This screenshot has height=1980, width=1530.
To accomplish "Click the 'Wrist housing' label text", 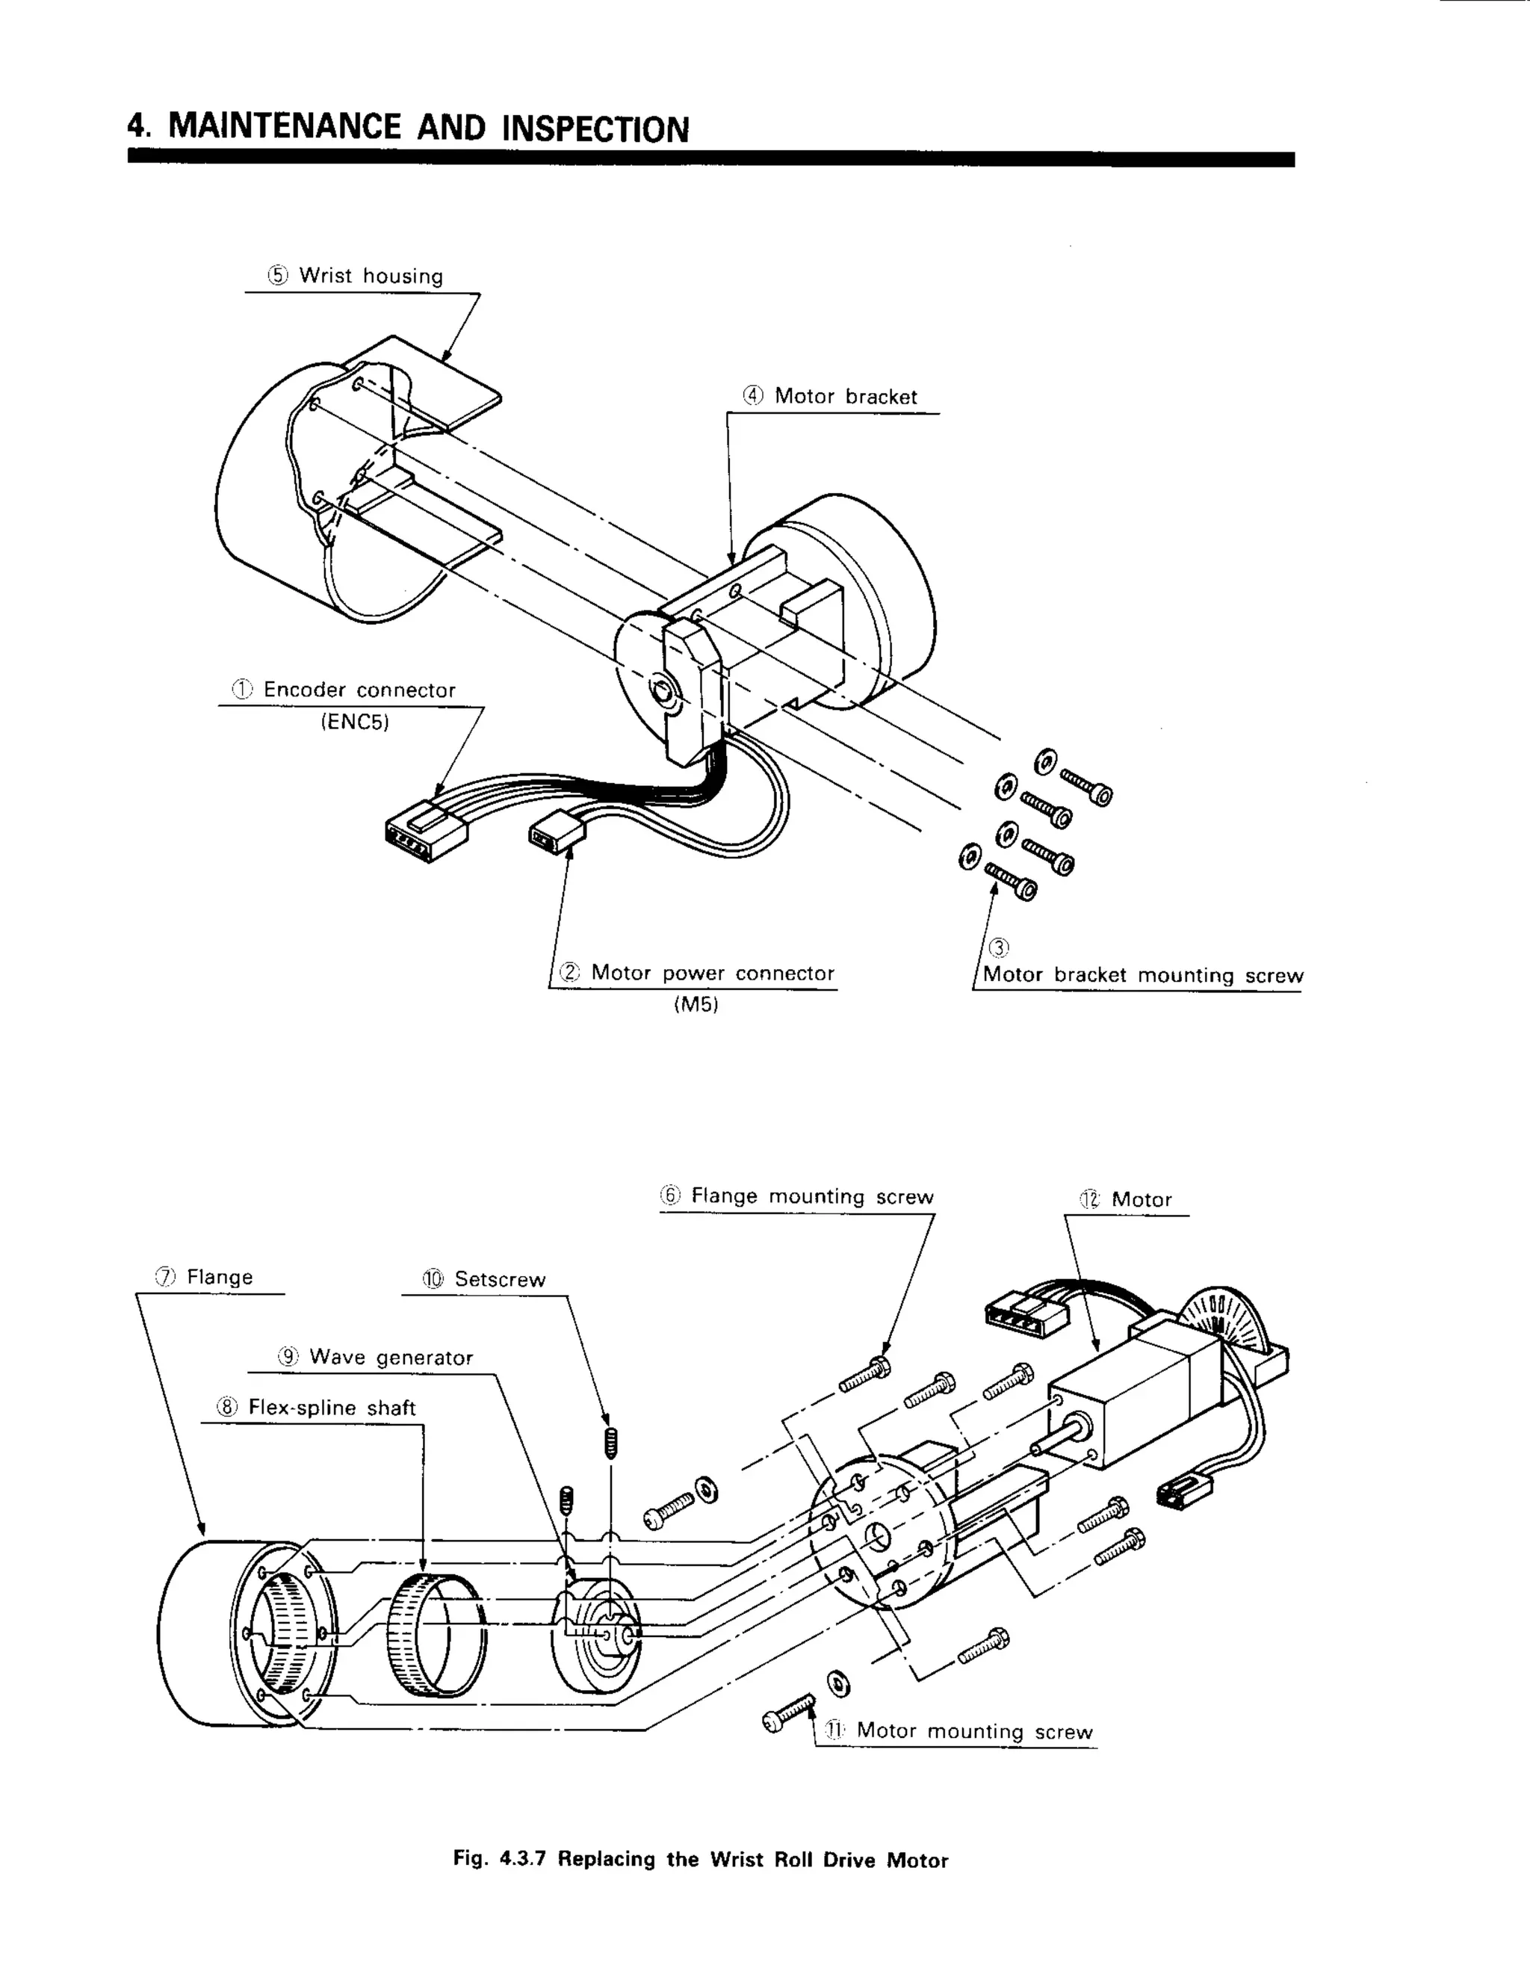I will (370, 276).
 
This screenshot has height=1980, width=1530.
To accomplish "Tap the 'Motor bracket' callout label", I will (845, 397).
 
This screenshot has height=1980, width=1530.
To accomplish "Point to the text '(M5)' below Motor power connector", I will (696, 1006).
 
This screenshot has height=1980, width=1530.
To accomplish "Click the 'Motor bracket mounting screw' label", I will (1142, 976).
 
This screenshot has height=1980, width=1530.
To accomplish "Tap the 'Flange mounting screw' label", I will (811, 1197).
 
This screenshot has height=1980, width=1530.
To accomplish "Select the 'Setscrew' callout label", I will (500, 1280).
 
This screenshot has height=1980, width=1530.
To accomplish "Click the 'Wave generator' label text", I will (390, 1358).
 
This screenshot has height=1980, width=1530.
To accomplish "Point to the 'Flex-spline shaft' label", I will (331, 1408).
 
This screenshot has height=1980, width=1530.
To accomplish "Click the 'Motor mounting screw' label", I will (973, 1732).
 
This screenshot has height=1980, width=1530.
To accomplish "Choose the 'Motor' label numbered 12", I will (1140, 1201).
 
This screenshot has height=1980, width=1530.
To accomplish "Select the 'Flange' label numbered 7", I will (218, 1278).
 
